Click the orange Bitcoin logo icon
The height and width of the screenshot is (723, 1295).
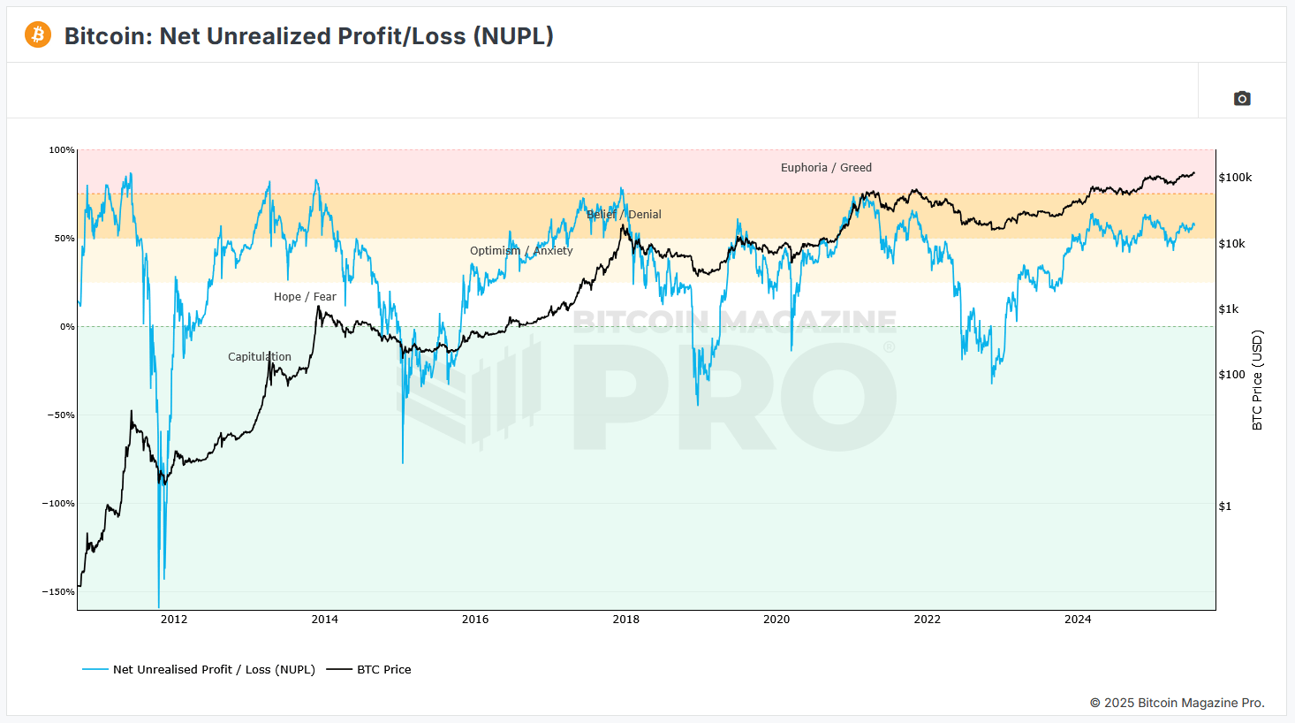(x=38, y=35)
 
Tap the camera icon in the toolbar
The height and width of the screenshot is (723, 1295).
(x=1242, y=98)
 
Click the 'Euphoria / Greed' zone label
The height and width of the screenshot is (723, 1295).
(x=826, y=168)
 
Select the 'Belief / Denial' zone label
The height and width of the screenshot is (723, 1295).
(x=624, y=215)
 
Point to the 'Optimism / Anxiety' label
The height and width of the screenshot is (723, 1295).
(x=521, y=250)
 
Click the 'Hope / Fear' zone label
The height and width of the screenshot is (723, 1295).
(x=305, y=297)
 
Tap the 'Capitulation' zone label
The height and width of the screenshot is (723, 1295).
(x=260, y=357)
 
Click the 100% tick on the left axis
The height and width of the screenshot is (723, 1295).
(x=62, y=150)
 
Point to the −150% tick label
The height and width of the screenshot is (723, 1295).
(x=58, y=591)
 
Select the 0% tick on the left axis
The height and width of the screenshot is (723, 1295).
(x=67, y=327)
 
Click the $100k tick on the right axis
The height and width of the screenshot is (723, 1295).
(x=1236, y=178)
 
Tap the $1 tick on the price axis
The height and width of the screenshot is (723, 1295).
(x=1225, y=506)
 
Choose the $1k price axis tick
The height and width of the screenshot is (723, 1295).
(x=1229, y=309)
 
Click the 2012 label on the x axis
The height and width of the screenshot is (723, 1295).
(x=174, y=620)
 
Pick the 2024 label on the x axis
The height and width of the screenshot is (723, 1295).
(x=1078, y=620)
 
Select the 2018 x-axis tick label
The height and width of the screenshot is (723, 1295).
(x=626, y=620)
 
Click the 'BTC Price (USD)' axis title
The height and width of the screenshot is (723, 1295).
(x=1257, y=380)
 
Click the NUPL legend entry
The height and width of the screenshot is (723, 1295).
(x=199, y=670)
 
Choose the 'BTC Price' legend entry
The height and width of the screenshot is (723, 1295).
(x=369, y=670)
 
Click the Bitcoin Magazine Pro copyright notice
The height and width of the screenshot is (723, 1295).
(x=1177, y=703)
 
